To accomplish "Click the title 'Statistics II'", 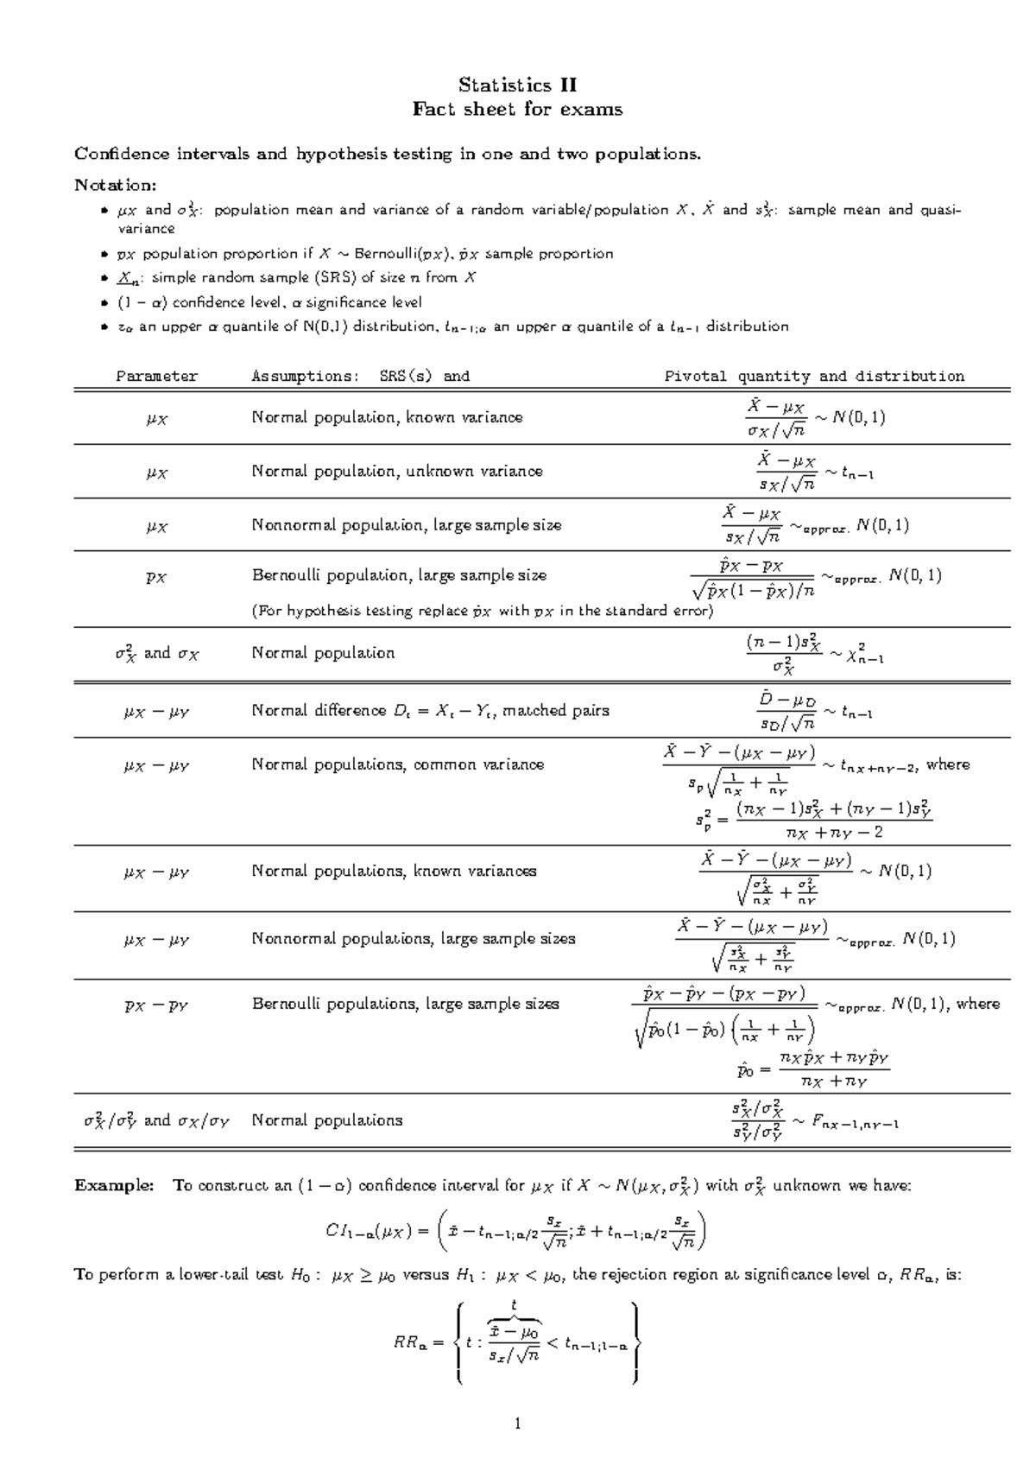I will tap(517, 85).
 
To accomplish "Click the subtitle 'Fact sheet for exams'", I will tap(517, 109).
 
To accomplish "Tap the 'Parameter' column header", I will tap(157, 376).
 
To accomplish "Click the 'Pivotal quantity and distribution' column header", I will tap(813, 376).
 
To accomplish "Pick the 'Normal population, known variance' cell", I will tap(387, 417).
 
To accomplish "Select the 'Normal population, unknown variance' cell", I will tap(397, 472).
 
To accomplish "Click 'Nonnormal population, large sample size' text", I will tap(406, 525).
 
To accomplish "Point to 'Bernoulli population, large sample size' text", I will tap(399, 575).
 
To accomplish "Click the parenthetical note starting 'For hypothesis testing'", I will tap(482, 611).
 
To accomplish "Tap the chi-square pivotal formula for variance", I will tap(814, 654).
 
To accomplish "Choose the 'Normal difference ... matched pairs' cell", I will tap(430, 711).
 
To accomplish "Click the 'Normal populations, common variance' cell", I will tap(397, 764).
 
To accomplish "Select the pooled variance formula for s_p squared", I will tap(813, 819).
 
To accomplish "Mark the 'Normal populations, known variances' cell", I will tap(394, 872).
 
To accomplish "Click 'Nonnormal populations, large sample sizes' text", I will tap(413, 939).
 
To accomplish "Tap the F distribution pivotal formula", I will tap(814, 1121).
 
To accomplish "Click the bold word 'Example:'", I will tap(114, 1185).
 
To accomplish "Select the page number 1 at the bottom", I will tap(517, 1424).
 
